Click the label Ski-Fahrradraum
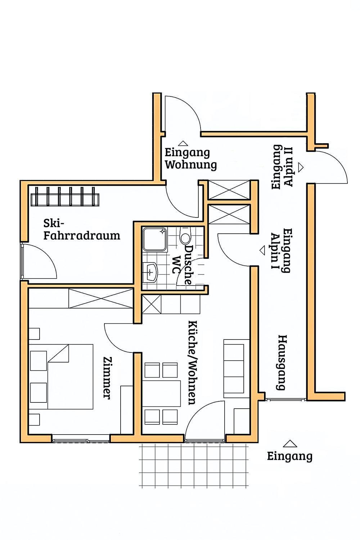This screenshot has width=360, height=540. coord(82,230)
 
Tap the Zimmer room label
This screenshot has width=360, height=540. coord(107,378)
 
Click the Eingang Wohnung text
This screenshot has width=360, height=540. coord(190,159)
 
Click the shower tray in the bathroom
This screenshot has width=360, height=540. coord(155,239)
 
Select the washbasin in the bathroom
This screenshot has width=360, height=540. coord(150,273)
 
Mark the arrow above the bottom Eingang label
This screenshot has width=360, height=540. coord(290,444)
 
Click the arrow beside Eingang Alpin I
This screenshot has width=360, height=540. coord(262,251)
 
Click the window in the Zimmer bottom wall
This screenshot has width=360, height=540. coord(81,441)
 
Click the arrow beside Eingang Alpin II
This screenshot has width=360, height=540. coord(301,167)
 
